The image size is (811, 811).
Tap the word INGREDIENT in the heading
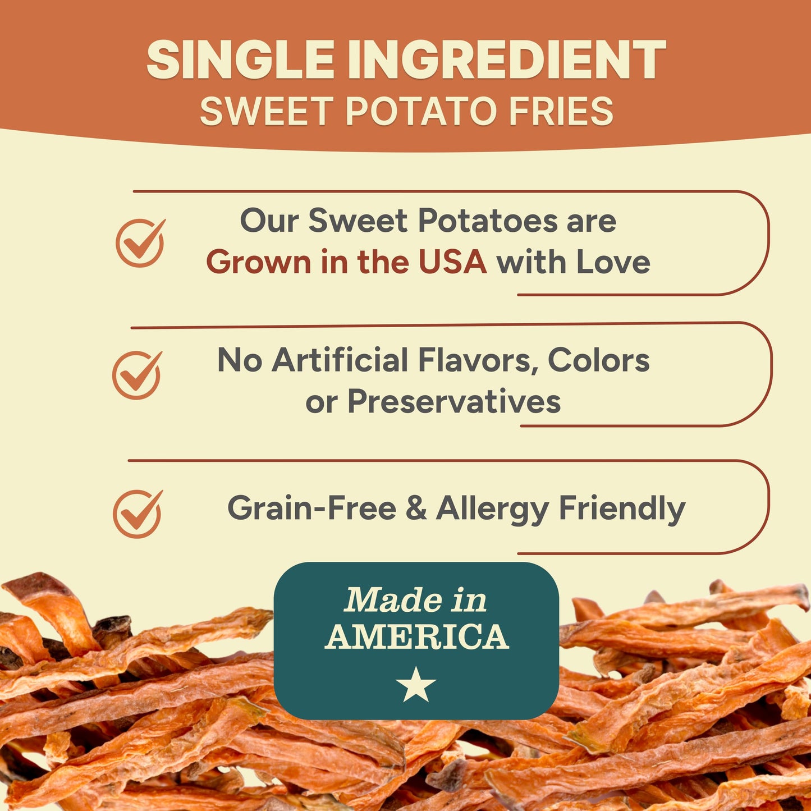506,60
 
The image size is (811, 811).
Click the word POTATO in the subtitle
421,111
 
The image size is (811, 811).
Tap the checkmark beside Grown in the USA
140,243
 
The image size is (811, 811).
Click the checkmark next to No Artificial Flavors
136,375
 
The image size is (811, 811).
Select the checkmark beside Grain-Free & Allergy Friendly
138,514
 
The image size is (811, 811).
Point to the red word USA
452,262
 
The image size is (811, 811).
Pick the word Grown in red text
258,262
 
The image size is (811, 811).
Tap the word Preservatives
454,401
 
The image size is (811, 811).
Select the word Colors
598,360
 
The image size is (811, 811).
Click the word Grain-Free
311,508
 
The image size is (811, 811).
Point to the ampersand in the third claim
416,508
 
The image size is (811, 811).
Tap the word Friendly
622,508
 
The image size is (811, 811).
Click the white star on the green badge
416,684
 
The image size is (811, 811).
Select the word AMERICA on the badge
416,637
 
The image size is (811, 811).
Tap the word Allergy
492,508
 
